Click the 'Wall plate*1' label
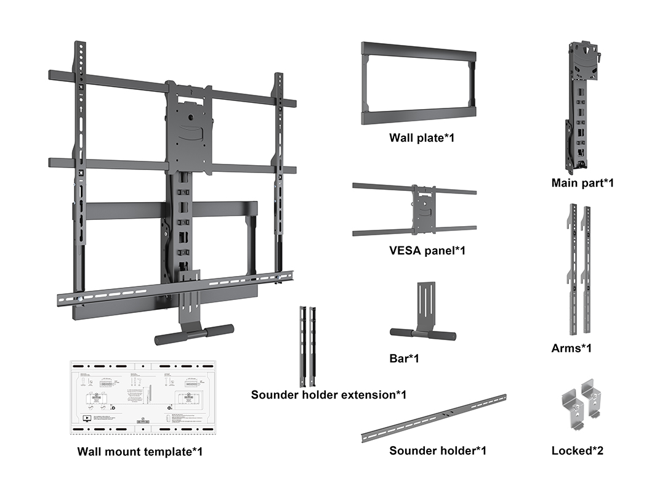pos(421,138)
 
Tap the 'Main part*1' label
pos(582,183)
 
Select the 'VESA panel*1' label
pos(427,251)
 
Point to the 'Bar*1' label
pos(404,358)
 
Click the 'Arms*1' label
pos(571,349)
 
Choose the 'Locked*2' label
pos(577,451)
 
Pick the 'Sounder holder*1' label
pos(437,451)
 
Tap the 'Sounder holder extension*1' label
pos(328,394)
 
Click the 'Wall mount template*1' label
pos(140,452)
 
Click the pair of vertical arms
pos(578,271)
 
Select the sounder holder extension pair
pos(308,346)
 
